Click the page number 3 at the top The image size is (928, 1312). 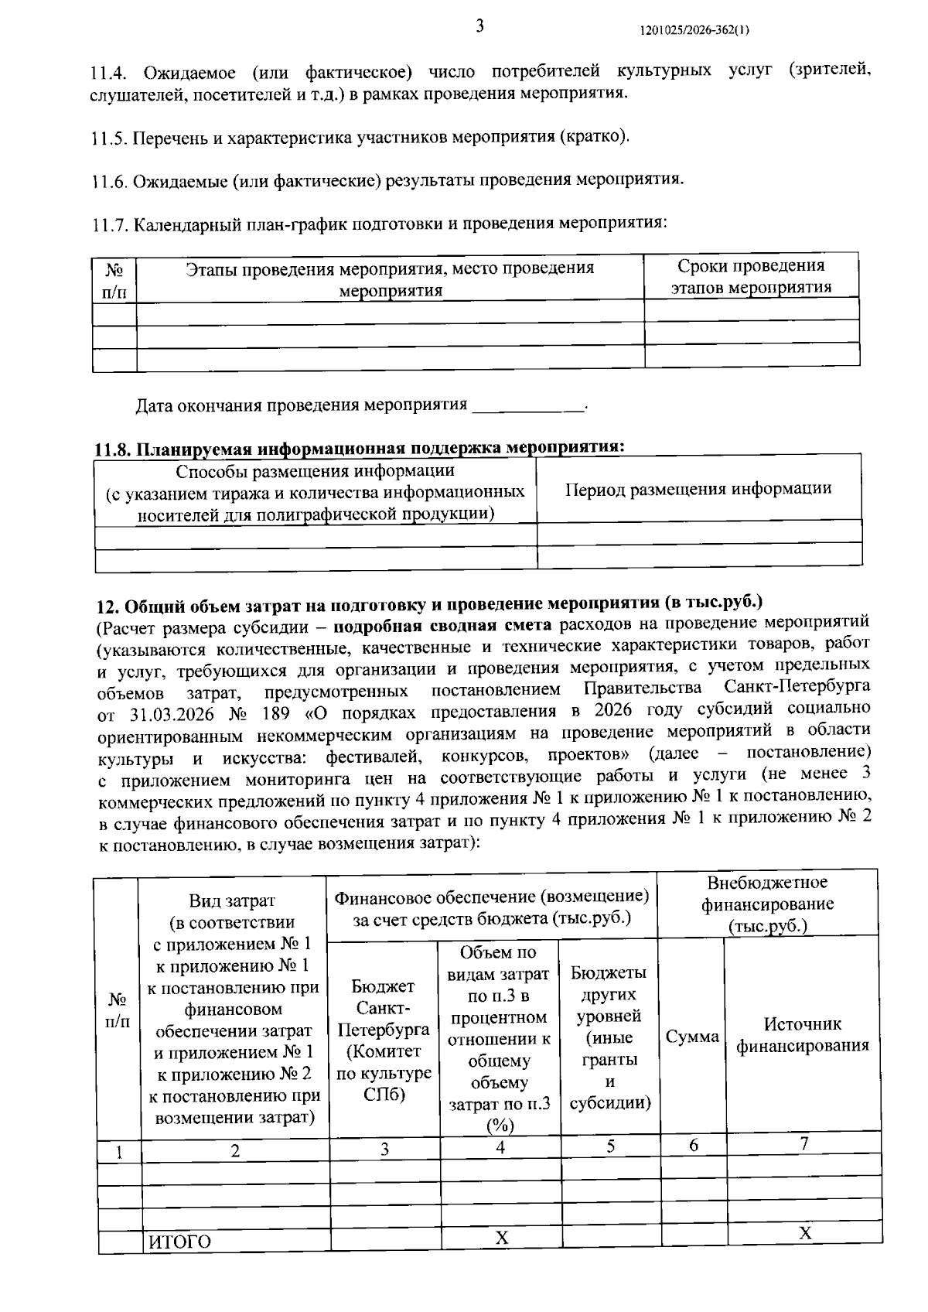[x=479, y=26]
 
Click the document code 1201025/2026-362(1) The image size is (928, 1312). [x=694, y=30]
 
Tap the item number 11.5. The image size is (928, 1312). [x=108, y=138]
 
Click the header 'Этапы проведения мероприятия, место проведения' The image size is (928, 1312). [x=390, y=268]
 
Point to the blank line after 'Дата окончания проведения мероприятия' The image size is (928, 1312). [x=528, y=406]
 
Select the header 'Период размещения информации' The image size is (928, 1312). [x=698, y=489]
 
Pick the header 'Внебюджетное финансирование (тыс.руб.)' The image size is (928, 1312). [x=767, y=904]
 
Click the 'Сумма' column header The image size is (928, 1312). [x=692, y=1037]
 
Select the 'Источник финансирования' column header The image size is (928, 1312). [x=802, y=1035]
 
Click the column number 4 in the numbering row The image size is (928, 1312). [x=500, y=1147]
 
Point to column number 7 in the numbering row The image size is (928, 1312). [x=803, y=1143]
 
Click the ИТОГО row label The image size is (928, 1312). [x=180, y=1242]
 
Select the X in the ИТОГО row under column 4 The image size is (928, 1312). [x=501, y=1239]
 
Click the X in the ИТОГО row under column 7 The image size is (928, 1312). [x=804, y=1233]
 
